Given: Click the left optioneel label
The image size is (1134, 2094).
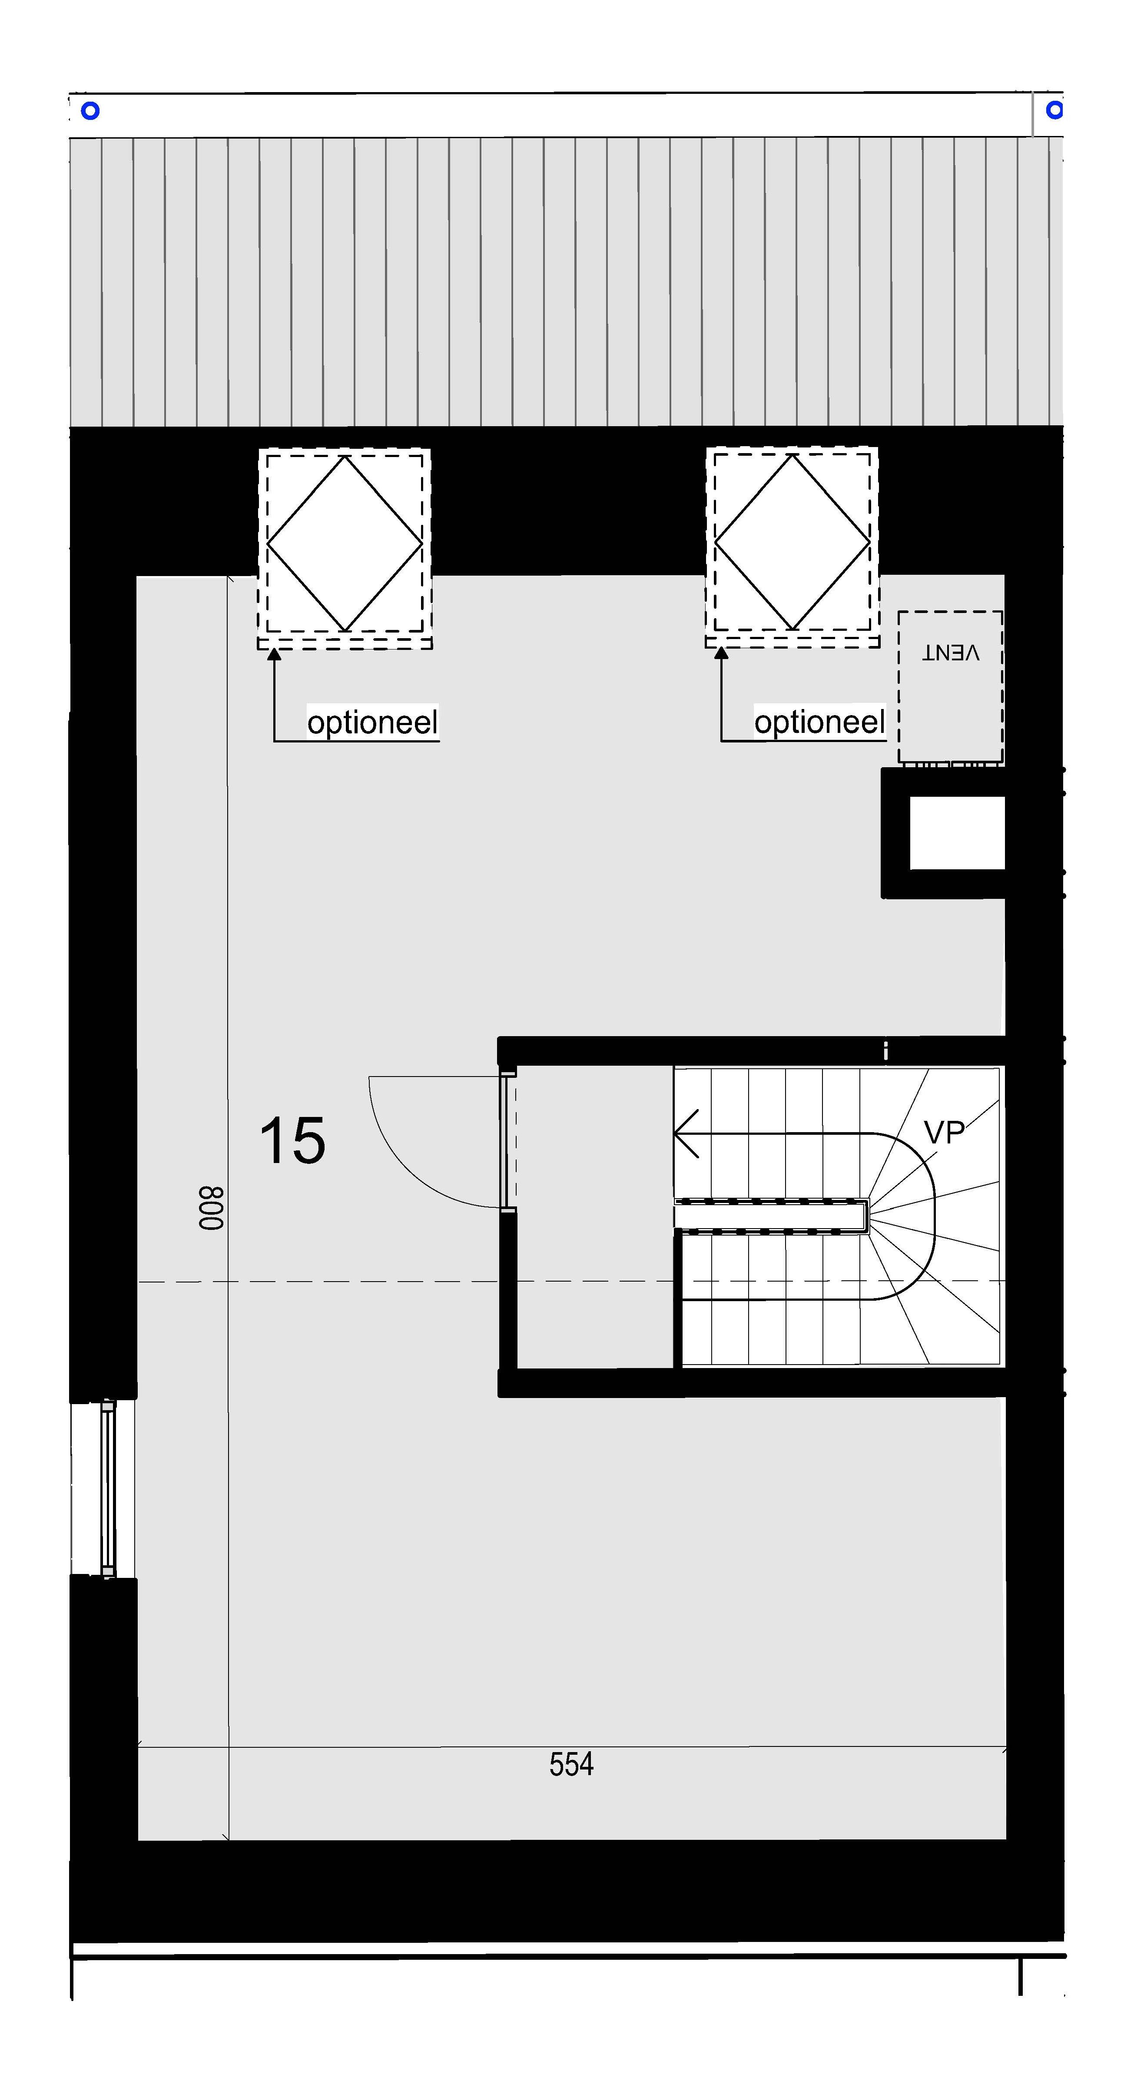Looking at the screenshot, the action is tap(372, 722).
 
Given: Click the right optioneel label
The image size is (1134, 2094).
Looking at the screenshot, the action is tap(819, 722).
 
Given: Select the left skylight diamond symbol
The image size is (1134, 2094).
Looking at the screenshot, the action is tap(345, 544).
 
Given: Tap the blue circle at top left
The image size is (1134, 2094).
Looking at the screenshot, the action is tap(90, 110).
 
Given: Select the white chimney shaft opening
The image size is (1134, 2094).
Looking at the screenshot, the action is tap(957, 832).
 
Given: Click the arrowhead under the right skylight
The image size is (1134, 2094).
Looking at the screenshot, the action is tap(721, 653).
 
